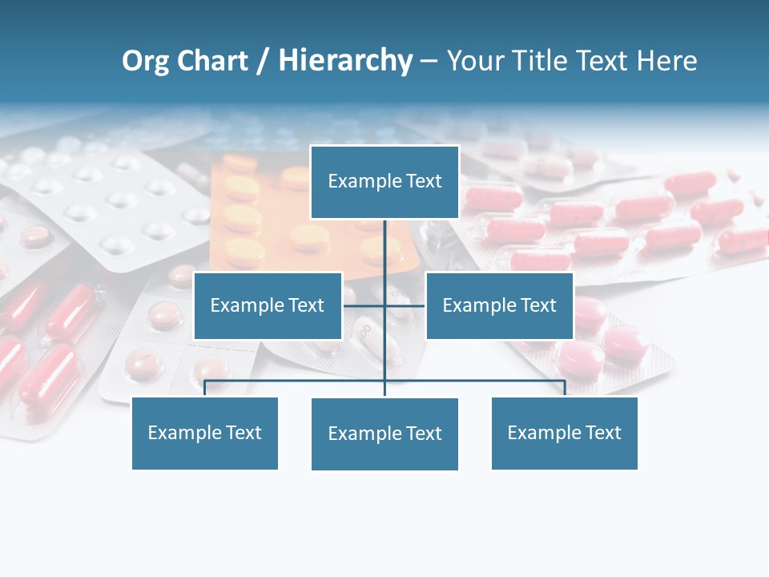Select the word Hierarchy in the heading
[x=345, y=61]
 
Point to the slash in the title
[x=263, y=61]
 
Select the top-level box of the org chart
[x=384, y=182]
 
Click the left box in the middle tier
[x=268, y=305]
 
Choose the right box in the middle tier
[x=499, y=305]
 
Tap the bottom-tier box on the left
[x=204, y=433]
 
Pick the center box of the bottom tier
[x=384, y=434]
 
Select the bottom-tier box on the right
[x=564, y=433]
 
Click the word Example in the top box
[x=364, y=181]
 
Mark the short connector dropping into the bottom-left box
[x=204, y=388]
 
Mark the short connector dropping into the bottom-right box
[x=565, y=388]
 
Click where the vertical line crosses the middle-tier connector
[x=384, y=305]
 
